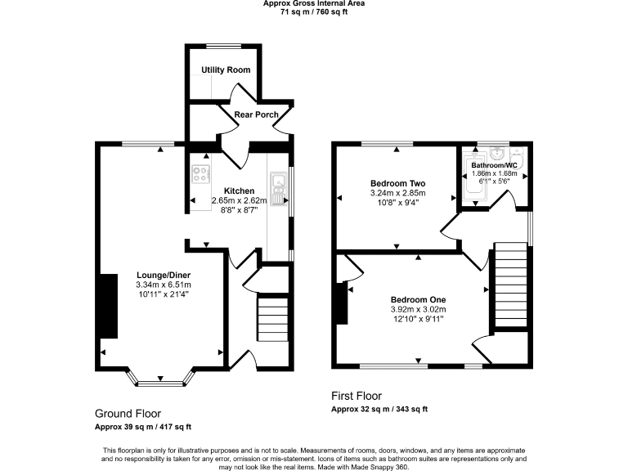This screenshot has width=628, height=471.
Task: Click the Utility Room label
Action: click(226, 70)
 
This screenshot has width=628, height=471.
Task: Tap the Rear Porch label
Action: click(256, 114)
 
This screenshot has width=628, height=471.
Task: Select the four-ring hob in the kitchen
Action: click(200, 173)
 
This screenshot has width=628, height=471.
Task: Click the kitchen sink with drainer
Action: click(278, 189)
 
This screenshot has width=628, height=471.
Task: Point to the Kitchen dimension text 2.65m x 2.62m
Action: click(240, 200)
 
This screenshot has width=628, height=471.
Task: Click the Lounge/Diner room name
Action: click(164, 276)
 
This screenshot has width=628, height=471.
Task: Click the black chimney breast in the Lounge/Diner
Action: click(107, 307)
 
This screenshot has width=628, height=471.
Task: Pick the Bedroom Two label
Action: click(398, 183)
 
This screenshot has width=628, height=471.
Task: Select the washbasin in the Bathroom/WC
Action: click(497, 154)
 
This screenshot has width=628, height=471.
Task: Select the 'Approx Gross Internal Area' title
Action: click(314, 3)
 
